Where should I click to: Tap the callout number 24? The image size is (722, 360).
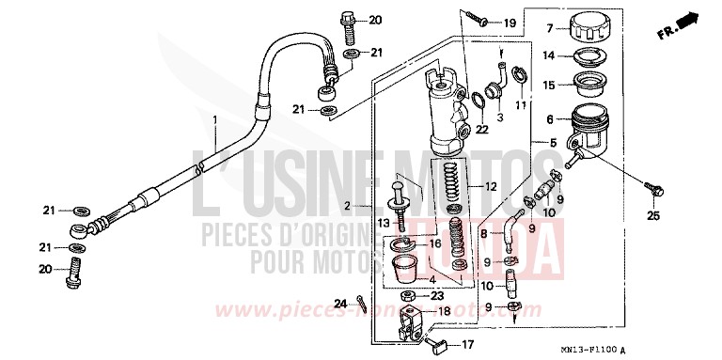pos(339,304)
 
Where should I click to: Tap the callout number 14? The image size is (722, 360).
pos(549,54)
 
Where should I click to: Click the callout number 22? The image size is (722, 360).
pos(481,129)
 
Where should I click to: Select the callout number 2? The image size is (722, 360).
pos(346,205)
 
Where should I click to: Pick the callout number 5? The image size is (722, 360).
pos(553,143)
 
